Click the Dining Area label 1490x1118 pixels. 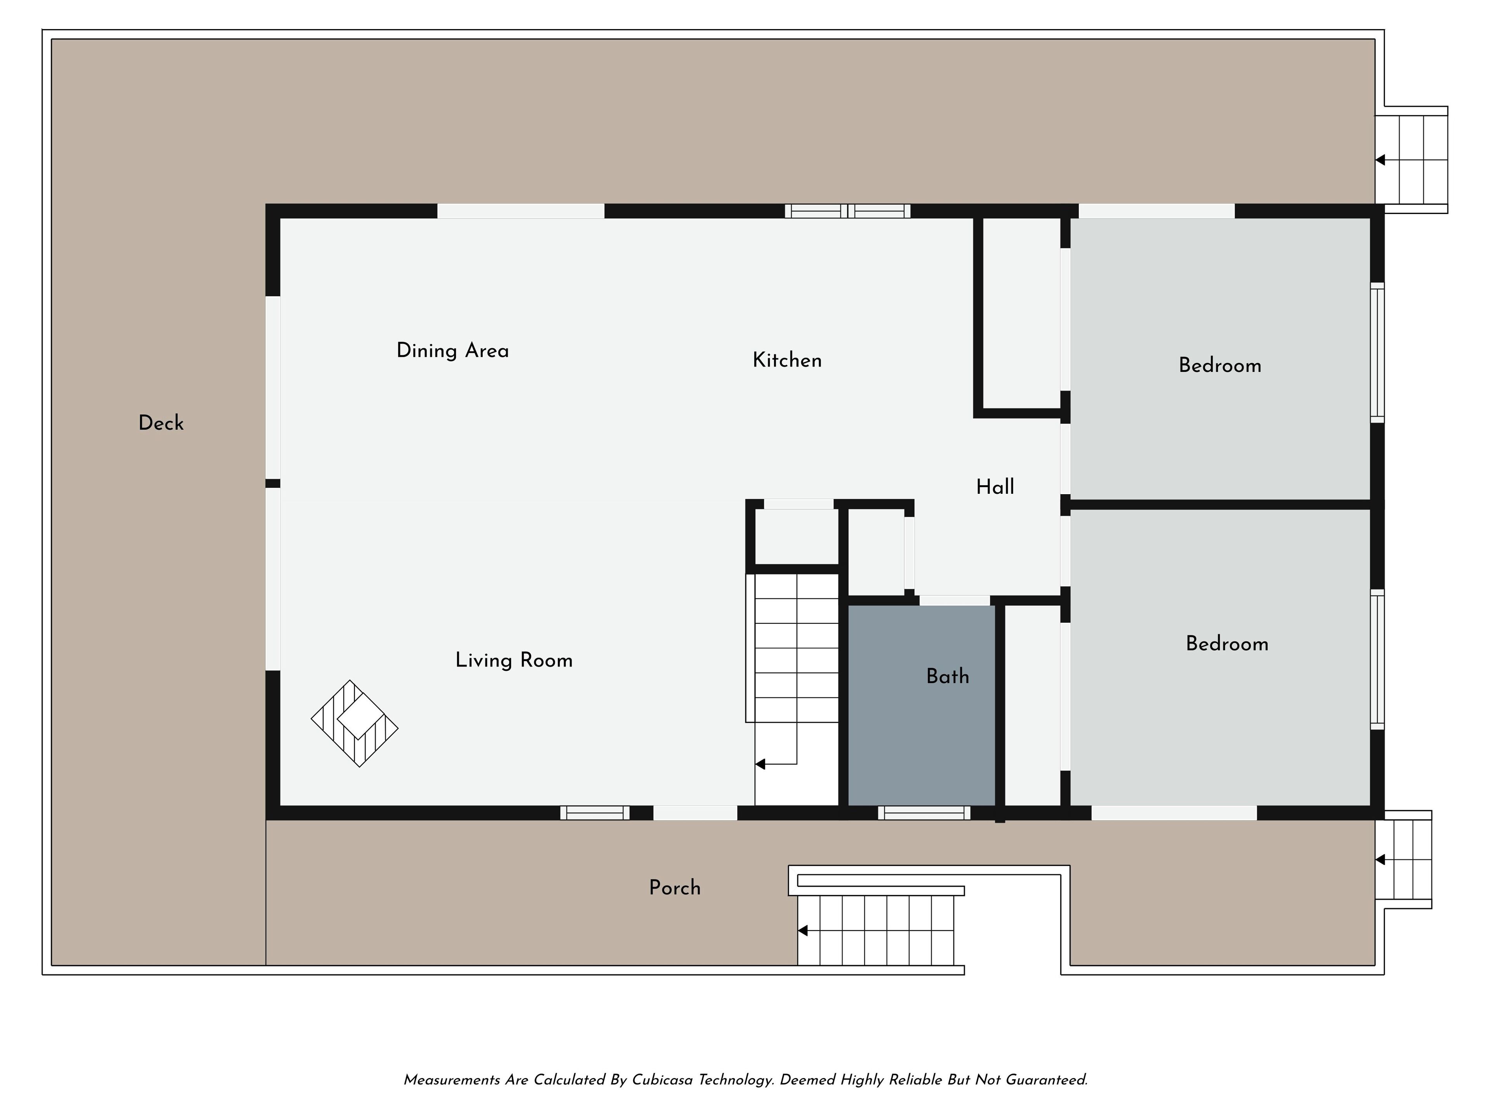(453, 351)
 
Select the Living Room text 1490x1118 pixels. (514, 660)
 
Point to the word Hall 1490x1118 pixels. (995, 486)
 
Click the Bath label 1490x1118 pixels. (948, 676)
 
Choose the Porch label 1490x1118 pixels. (675, 887)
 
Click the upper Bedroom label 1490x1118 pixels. (1220, 365)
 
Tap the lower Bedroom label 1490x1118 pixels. (1227, 644)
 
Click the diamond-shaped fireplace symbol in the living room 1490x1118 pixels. (354, 723)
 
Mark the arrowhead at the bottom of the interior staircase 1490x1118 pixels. (760, 764)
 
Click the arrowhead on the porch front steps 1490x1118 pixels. (802, 931)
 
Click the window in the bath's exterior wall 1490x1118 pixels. (924, 813)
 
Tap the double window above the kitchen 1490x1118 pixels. (847, 211)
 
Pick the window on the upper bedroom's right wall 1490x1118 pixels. (1377, 352)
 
